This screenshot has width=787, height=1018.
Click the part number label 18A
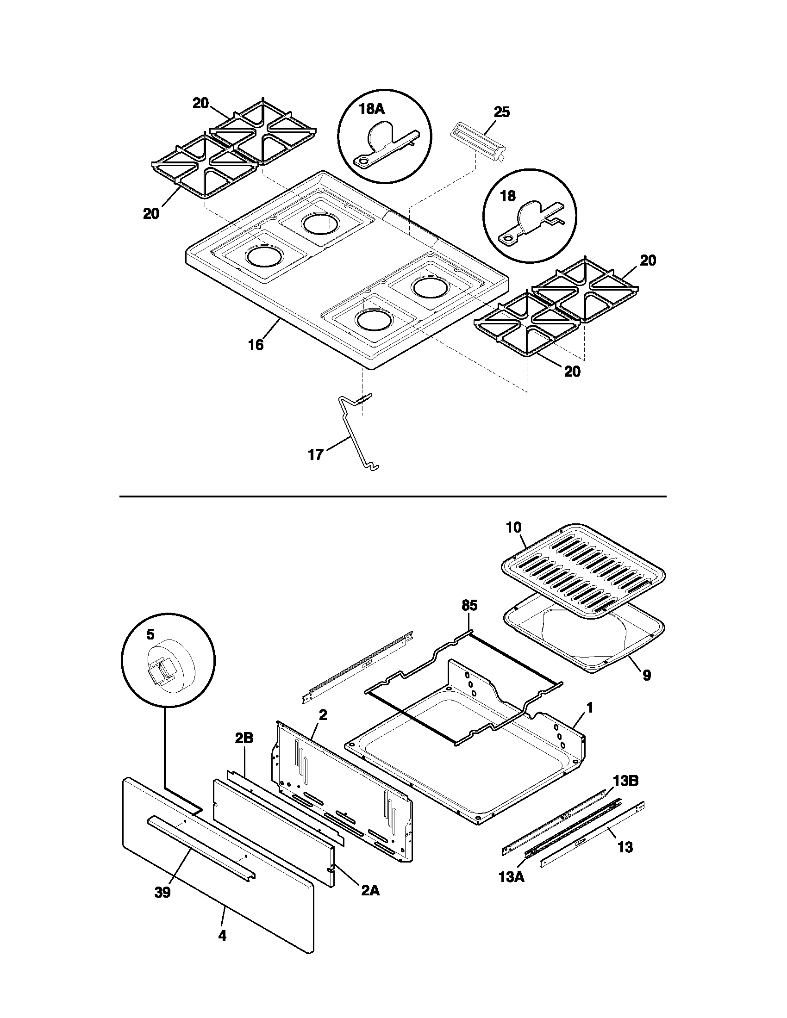point(371,109)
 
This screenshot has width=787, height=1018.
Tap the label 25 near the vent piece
point(502,112)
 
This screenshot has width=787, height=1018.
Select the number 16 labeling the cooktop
point(256,345)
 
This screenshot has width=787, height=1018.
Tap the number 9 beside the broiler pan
point(646,675)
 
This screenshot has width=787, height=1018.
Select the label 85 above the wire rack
point(469,606)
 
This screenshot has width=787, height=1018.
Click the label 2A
point(370,890)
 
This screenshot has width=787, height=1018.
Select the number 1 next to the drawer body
point(589,708)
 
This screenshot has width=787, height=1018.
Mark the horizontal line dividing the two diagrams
point(393,497)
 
